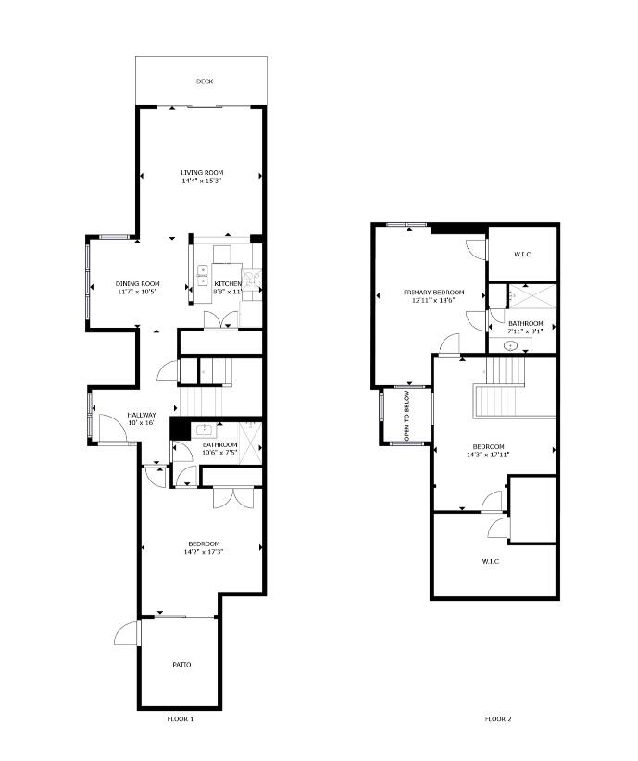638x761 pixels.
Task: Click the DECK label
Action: [x=205, y=81]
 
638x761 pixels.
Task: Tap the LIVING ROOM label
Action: [x=202, y=173]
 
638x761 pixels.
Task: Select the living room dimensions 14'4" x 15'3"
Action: [x=202, y=181]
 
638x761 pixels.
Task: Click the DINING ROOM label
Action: [x=137, y=283]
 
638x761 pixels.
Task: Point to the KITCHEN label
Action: [x=228, y=283]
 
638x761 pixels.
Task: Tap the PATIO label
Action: [x=181, y=665]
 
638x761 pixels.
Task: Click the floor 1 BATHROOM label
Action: [x=219, y=444]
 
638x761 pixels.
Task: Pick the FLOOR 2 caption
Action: [x=499, y=719]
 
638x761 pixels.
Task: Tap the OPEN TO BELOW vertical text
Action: [x=406, y=417]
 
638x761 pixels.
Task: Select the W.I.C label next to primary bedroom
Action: [x=522, y=254]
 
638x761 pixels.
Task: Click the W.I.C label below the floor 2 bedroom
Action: [x=492, y=562]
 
